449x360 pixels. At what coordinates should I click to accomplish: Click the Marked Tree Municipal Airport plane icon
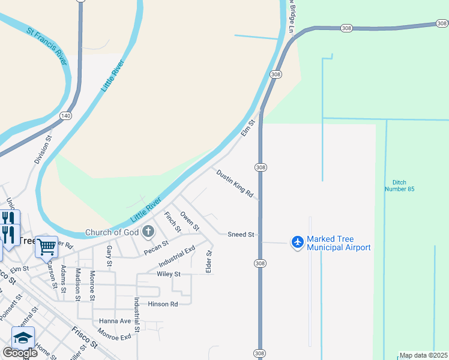(298, 242)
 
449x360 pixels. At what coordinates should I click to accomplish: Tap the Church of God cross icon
(148, 232)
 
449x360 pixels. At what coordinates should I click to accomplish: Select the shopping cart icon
(46, 246)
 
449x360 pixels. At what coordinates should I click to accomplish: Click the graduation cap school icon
(23, 338)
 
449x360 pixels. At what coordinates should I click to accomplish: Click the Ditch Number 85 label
(399, 185)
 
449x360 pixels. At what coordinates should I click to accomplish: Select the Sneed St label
(241, 235)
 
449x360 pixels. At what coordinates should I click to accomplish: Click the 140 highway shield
(65, 115)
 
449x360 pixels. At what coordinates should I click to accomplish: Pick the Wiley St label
(169, 274)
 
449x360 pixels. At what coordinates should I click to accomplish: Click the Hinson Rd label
(163, 304)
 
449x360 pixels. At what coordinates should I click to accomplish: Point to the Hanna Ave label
(116, 321)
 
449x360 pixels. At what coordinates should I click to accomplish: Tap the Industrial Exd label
(177, 257)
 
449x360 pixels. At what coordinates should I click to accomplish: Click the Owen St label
(190, 220)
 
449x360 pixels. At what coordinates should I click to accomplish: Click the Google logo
(20, 353)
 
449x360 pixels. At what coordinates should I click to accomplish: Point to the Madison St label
(78, 284)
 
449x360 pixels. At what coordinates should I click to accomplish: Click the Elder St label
(209, 262)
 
